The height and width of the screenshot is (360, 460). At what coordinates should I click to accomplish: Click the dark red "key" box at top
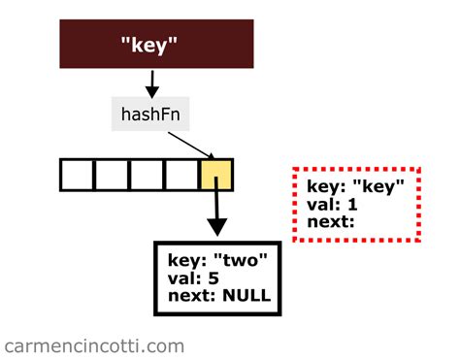click(x=156, y=45)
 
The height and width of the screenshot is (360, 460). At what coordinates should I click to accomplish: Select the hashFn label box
click(x=148, y=115)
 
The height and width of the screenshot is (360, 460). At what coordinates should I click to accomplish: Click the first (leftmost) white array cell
click(x=78, y=174)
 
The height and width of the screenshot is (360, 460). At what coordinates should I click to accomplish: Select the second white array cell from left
click(x=113, y=174)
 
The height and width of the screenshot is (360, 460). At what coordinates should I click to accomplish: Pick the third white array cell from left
click(x=147, y=174)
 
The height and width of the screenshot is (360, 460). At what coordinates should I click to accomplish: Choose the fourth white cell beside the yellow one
click(x=181, y=174)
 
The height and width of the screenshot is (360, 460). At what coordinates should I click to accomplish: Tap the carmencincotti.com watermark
click(x=94, y=345)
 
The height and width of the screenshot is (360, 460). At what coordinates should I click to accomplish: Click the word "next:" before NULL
click(x=192, y=295)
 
